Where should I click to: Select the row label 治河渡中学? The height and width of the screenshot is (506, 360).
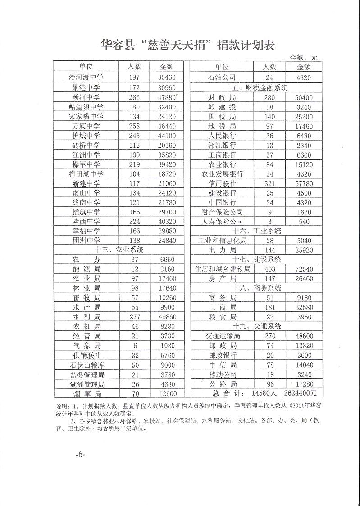[x=87, y=77]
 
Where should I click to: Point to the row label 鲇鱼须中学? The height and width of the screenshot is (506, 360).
[x=87, y=107]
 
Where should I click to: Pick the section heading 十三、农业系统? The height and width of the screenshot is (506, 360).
[x=119, y=250]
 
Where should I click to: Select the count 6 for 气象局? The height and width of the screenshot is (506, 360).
[x=135, y=346]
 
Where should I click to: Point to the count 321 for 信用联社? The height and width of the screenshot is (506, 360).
[x=269, y=183]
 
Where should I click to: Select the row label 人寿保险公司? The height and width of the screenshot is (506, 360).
[x=223, y=222]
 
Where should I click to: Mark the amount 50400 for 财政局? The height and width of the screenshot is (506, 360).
[x=304, y=97]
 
